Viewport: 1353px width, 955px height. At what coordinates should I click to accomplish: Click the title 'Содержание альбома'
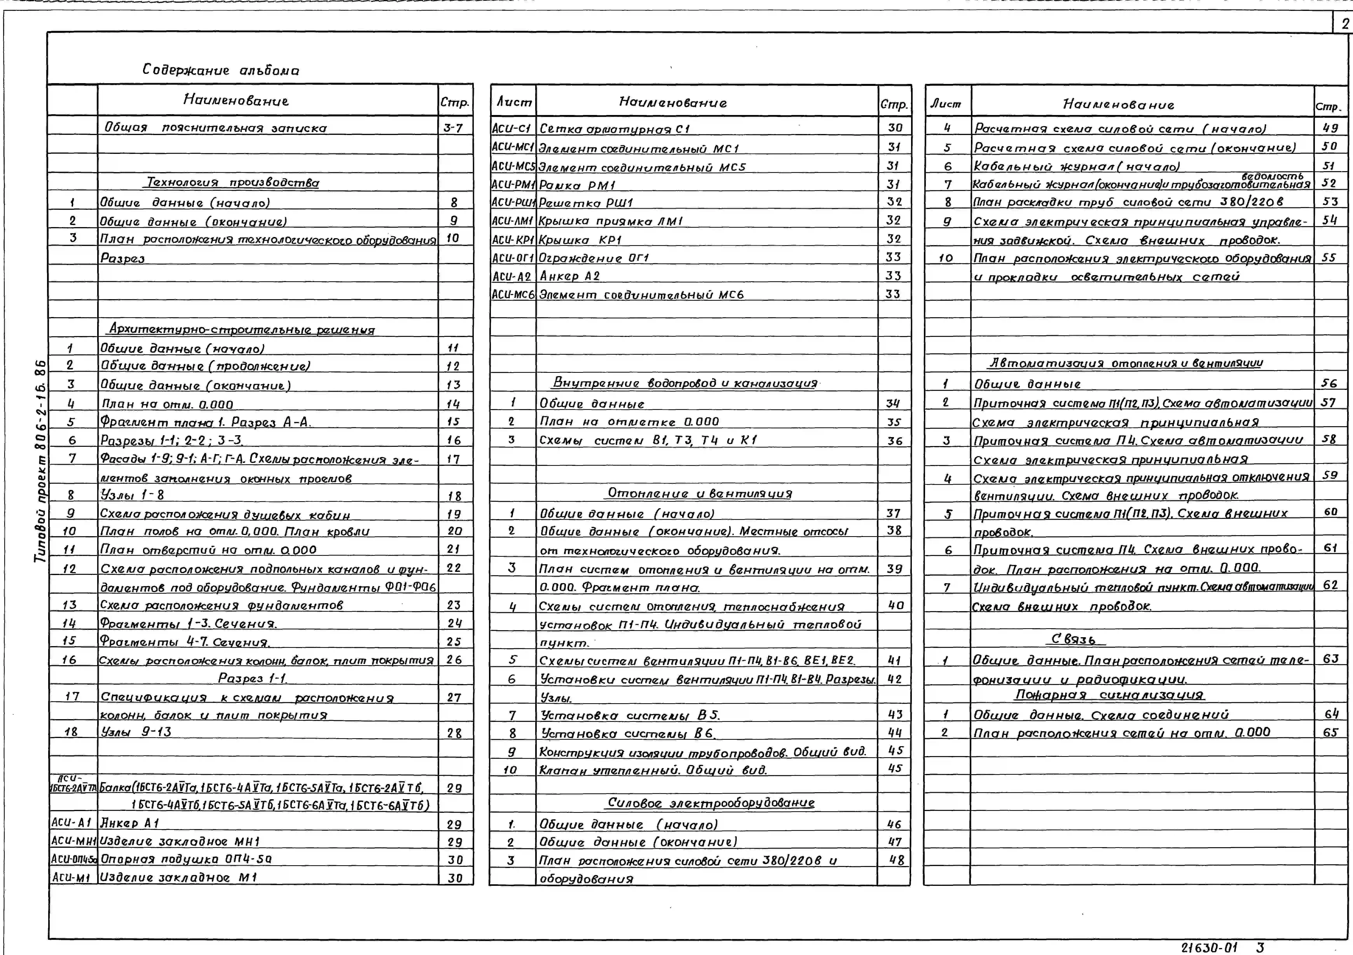pos(220,70)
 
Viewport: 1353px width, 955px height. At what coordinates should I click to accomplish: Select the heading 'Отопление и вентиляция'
pos(699,493)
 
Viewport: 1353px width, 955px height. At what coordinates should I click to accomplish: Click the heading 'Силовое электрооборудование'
pos(711,803)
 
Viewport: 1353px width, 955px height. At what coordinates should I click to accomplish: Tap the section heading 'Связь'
pos(1074,639)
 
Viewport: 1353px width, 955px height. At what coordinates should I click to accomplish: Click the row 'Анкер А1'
pos(130,823)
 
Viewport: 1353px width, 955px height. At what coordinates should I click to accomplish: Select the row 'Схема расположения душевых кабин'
pos(225,514)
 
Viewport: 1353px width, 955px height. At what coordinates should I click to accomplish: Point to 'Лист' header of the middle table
pos(513,103)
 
